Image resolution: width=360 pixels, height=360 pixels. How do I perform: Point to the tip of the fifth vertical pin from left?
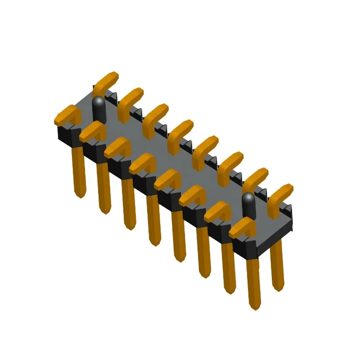(x=180, y=259)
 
